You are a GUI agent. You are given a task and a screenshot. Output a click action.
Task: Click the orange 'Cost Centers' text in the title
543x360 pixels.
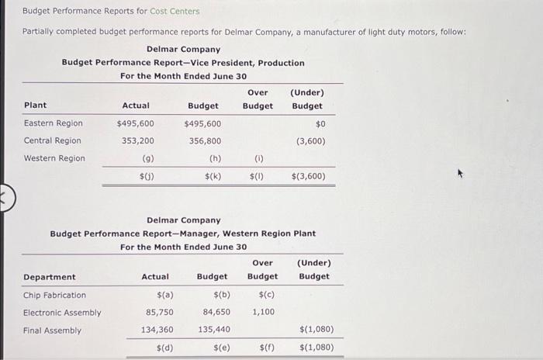175,12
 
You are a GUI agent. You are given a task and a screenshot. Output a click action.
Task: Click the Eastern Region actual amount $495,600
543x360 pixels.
135,123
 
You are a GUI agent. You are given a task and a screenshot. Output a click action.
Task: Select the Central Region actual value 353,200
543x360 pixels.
139,141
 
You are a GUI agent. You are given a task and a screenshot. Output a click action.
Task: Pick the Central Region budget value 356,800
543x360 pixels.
205,141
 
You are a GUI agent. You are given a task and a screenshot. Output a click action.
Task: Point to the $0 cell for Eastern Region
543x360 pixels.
320,123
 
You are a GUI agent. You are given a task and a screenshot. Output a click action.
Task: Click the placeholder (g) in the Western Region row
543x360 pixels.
147,159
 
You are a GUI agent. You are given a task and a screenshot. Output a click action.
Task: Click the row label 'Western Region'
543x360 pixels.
54,159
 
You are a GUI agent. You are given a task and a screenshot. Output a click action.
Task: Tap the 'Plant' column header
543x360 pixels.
35,106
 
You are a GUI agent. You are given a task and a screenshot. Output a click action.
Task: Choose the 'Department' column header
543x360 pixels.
50,277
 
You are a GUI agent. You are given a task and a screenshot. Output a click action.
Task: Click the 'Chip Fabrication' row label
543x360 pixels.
54,295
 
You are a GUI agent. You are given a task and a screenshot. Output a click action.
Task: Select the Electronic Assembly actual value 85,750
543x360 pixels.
159,313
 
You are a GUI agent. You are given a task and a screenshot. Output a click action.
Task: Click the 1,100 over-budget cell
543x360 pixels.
263,313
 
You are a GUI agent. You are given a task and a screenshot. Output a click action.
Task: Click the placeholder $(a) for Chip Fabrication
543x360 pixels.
164,295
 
